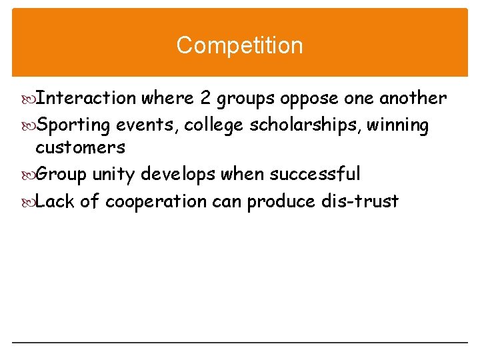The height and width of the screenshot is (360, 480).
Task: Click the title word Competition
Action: tap(239, 45)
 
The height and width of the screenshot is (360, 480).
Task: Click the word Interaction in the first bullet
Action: tap(85, 99)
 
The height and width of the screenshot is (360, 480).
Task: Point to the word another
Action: tap(413, 99)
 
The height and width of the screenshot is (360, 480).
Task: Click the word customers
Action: tap(80, 148)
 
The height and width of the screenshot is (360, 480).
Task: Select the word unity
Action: tap(111, 175)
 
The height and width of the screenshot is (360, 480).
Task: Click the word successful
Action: tap(315, 175)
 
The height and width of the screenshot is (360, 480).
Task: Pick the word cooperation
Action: tap(156, 201)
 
